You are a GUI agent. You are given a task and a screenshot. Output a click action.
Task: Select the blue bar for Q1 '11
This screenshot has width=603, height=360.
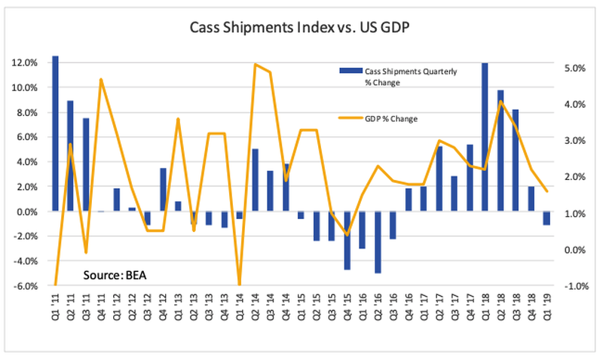(x=55, y=133)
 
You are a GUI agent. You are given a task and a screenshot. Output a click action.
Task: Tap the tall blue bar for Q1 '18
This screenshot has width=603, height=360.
(x=484, y=136)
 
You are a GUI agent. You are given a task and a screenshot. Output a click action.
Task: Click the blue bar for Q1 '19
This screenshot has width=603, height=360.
(x=546, y=218)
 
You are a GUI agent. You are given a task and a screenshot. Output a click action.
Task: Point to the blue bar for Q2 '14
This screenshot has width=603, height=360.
(x=256, y=180)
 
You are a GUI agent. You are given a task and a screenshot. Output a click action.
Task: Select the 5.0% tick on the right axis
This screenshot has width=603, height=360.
(x=574, y=68)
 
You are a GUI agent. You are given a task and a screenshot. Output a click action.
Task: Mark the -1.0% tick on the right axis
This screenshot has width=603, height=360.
(x=574, y=285)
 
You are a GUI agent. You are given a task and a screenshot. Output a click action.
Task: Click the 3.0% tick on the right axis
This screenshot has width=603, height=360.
(x=574, y=140)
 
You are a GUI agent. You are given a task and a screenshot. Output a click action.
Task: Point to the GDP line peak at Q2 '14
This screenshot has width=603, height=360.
(x=256, y=65)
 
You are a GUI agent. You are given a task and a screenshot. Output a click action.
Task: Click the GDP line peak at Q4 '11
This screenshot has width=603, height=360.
(x=101, y=79)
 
